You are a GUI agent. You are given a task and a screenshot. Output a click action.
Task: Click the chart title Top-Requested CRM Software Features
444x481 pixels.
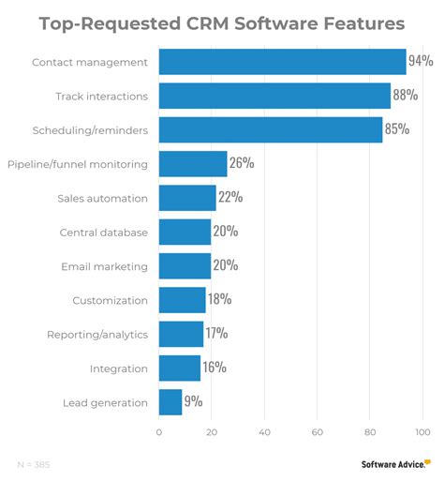point(222,22)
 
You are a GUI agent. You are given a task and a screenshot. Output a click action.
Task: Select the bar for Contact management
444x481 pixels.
point(282,62)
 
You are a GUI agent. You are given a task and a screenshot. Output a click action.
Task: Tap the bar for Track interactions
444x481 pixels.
point(274,96)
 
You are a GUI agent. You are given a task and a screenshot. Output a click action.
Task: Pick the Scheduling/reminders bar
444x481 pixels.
point(271,129)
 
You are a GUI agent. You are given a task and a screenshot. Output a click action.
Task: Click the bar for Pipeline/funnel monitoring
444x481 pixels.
point(193,164)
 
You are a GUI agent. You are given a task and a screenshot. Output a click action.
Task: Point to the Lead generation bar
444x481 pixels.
point(170,402)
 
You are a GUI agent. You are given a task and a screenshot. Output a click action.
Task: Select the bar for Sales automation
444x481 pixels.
point(187,198)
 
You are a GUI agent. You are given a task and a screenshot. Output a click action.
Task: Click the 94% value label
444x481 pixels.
point(421,62)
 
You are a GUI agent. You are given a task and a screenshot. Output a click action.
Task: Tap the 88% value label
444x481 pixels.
point(405,96)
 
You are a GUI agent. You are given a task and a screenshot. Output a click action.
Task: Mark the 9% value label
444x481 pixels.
point(194,402)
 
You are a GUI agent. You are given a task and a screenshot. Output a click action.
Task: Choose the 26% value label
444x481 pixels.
point(242,164)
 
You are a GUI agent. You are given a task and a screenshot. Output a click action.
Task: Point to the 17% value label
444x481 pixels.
point(217,334)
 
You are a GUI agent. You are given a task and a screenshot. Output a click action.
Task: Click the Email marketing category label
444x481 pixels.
point(104,266)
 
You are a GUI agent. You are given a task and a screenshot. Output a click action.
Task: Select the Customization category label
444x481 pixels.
point(110,300)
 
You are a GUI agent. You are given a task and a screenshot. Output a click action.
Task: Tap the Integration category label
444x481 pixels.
point(118,368)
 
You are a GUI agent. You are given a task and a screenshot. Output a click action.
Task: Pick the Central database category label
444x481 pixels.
point(103,233)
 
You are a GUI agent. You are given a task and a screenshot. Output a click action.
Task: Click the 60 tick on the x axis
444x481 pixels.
point(318,432)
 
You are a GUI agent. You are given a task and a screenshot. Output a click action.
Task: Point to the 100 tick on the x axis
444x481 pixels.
point(422,432)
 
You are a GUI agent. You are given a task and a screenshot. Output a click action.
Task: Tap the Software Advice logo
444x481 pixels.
point(394,463)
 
